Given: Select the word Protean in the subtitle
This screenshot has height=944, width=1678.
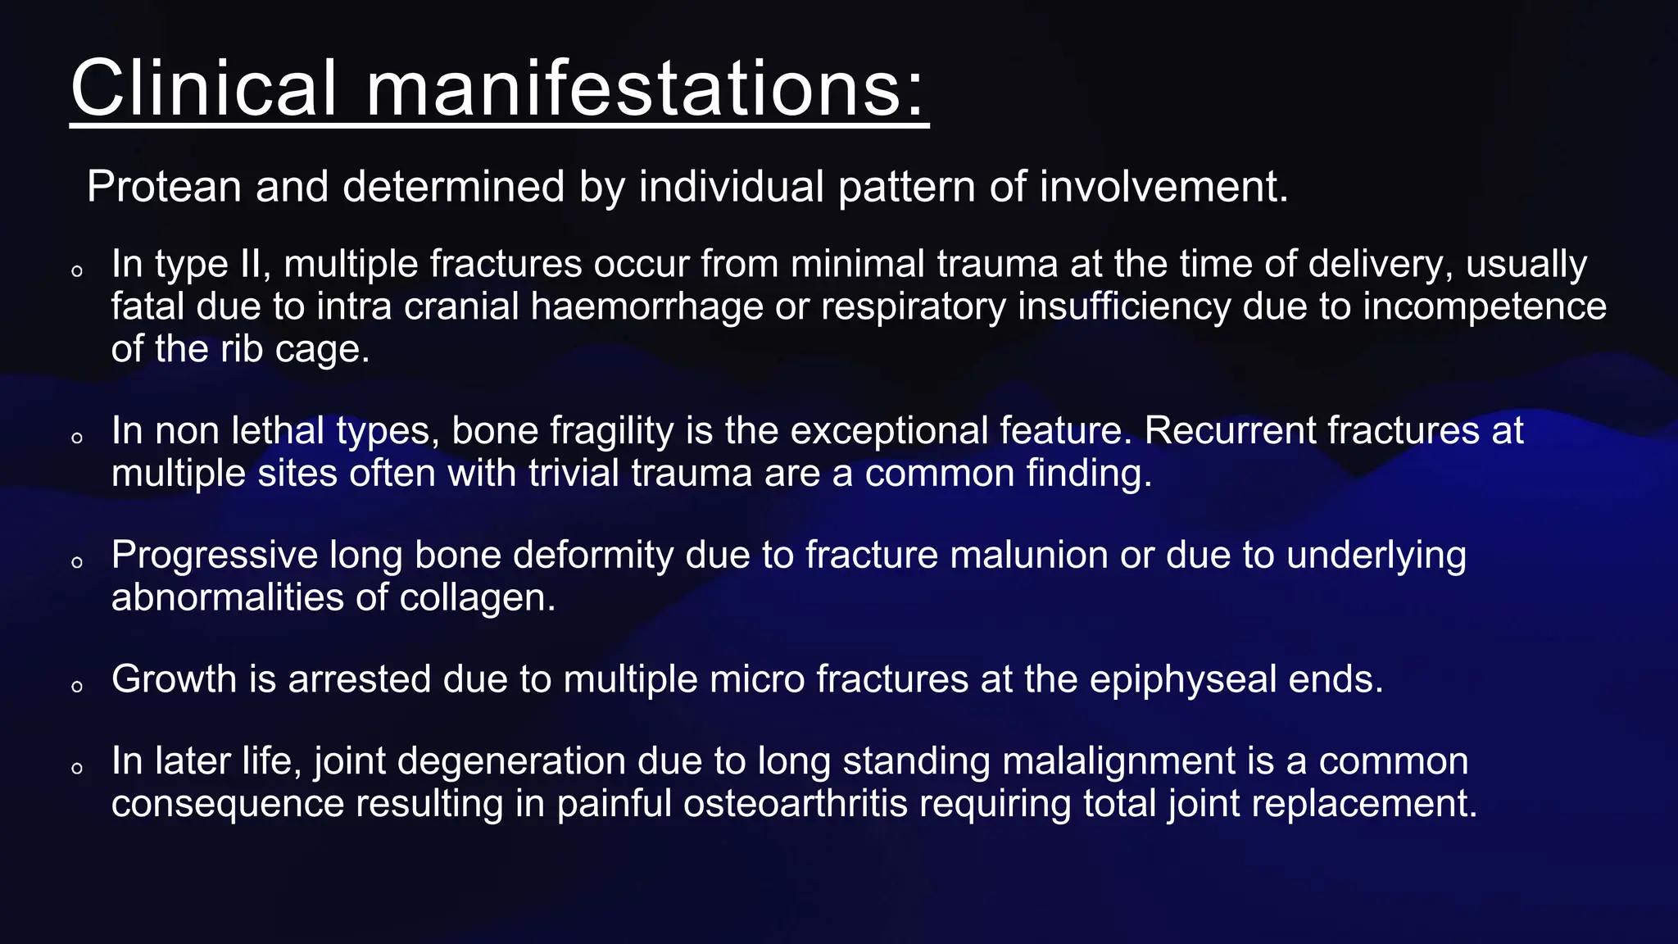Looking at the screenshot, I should point(164,187).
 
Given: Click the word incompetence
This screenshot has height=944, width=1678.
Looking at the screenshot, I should point(1485,307).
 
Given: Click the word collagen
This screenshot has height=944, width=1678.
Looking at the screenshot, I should point(478,598).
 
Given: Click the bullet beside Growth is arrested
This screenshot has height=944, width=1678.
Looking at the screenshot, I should point(77,687).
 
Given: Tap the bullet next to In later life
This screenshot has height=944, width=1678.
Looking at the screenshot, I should point(77,769).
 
